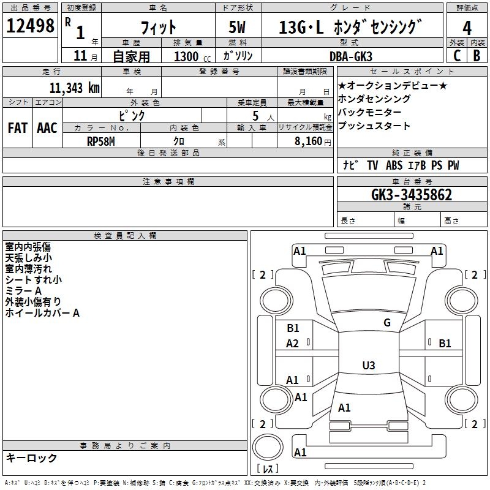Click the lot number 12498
tap(30, 26)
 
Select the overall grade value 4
tap(467, 28)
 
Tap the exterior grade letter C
tap(457, 56)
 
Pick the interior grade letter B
tap(477, 56)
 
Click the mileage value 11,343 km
tap(74, 88)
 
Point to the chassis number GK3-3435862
tap(412, 195)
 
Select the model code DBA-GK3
tap(351, 56)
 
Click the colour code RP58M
tap(101, 141)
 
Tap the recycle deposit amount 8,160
tap(308, 141)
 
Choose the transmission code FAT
tap(18, 128)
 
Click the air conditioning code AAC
tap(47, 128)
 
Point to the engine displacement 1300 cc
tap(192, 56)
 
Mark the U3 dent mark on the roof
tap(369, 365)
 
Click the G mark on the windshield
tap(387, 322)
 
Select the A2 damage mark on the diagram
tap(293, 344)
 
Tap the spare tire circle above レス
tap(268, 447)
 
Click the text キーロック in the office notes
tap(32, 458)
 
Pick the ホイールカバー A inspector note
tap(42, 313)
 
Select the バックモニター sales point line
tap(370, 112)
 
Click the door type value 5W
tap(237, 27)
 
